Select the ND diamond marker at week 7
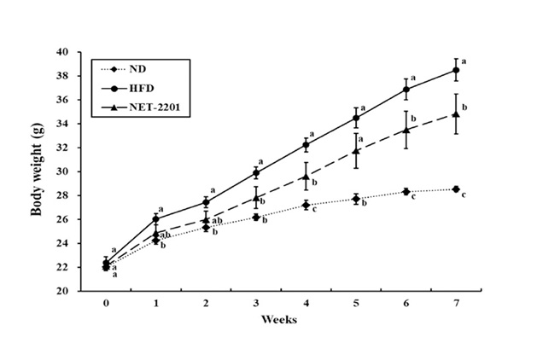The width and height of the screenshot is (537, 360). [x=456, y=189]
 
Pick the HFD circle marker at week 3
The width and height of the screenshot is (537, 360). [x=255, y=172]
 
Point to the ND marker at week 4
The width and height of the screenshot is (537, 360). [x=306, y=205]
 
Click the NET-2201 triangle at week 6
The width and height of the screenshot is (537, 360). [x=406, y=130]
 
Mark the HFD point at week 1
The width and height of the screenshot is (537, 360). [x=155, y=218]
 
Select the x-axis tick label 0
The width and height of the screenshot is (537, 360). [x=106, y=303]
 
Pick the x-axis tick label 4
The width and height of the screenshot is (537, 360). [x=306, y=303]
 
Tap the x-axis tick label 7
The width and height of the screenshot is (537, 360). [x=456, y=303]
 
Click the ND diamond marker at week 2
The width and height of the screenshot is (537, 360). [x=206, y=227]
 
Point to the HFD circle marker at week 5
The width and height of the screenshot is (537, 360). [x=356, y=118]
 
